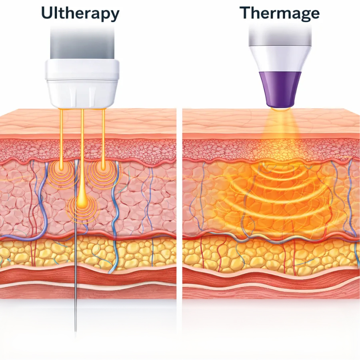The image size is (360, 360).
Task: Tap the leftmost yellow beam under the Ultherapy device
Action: click(62, 136)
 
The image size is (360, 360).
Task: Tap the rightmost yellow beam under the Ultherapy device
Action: click(103, 136)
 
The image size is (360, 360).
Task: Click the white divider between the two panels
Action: click(179, 200)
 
